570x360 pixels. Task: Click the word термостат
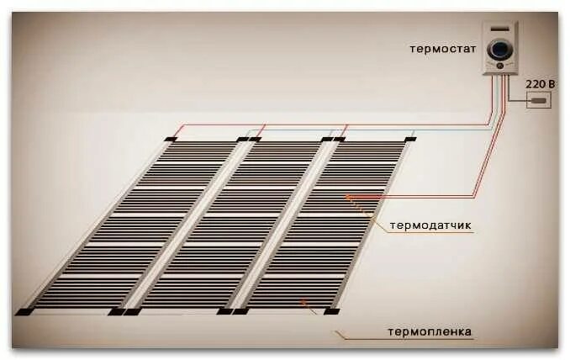(444, 48)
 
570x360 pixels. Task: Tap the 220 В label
(540, 84)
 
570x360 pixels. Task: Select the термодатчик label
(431, 226)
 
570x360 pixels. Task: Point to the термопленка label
(430, 331)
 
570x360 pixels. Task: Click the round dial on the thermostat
(499, 47)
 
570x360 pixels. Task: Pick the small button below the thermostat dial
(500, 66)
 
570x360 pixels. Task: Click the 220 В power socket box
(539, 101)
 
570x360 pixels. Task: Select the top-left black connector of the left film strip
(171, 139)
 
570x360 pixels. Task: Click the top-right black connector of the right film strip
(410, 139)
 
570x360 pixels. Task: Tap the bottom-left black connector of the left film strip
(23, 311)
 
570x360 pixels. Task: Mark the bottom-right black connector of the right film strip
(332, 310)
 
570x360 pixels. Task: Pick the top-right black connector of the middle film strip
(327, 139)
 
